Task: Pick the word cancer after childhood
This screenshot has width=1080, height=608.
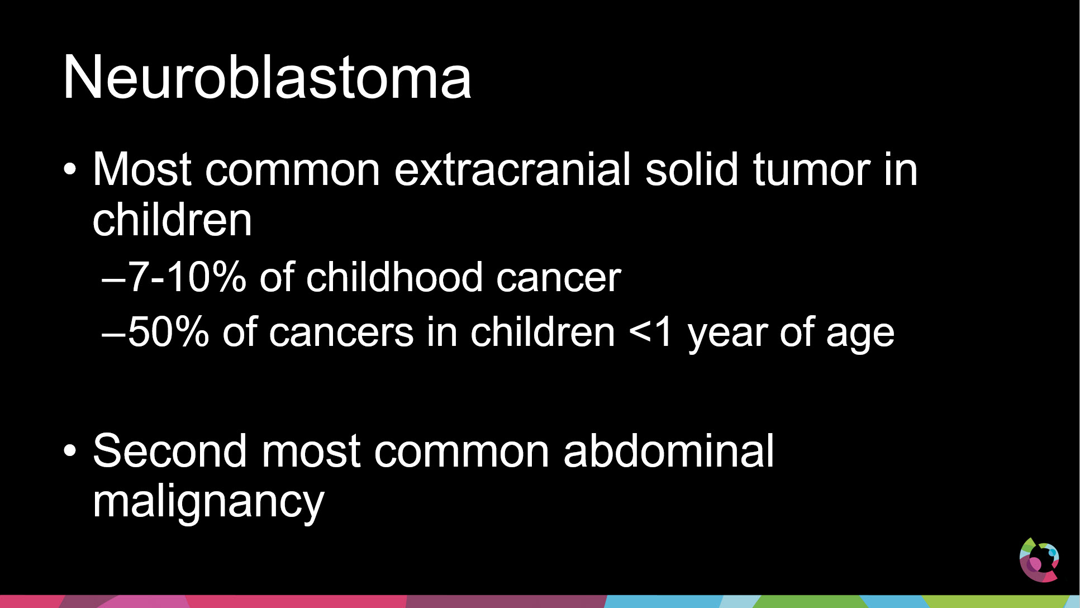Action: tap(558, 278)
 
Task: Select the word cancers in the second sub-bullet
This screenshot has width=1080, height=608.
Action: tap(341, 333)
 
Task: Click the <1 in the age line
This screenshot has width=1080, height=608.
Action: tap(650, 332)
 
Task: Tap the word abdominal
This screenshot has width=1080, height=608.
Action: tap(668, 450)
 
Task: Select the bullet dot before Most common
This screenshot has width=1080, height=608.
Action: tap(69, 169)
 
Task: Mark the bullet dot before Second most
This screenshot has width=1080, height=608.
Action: tap(69, 450)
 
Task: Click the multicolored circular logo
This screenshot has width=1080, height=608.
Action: tap(1039, 559)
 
